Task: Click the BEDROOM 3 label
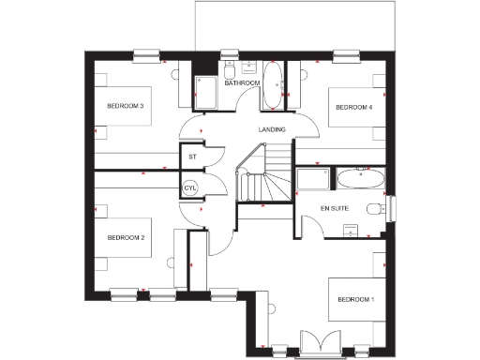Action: (125, 107)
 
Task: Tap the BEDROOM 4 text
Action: (354, 108)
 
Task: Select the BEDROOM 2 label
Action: (125, 238)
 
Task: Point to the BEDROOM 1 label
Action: (354, 299)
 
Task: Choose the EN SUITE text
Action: (335, 206)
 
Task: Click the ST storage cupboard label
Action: (192, 157)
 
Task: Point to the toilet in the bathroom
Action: (229, 70)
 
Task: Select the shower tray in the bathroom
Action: (206, 94)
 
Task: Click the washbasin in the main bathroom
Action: (250, 67)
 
